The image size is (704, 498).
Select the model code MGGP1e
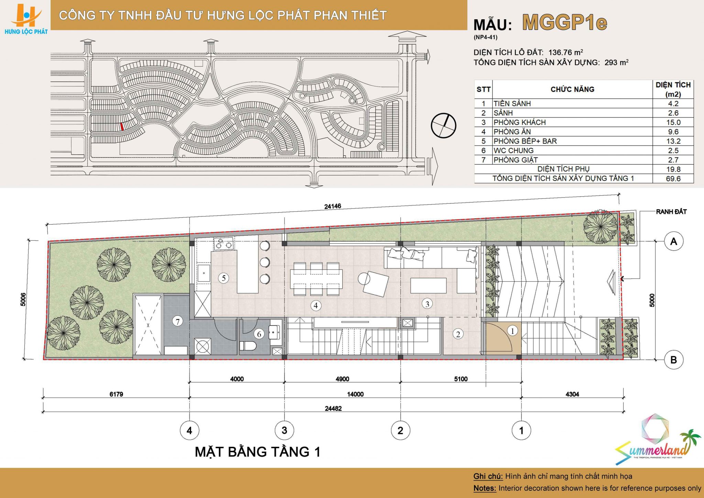(x=564, y=23)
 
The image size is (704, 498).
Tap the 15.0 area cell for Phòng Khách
(x=673, y=122)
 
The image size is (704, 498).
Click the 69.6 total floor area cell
(x=673, y=178)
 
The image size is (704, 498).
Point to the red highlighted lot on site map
(x=122, y=127)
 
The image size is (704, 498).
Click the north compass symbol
(x=443, y=125)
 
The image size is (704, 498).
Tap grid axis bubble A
(x=673, y=241)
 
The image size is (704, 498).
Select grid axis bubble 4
(x=189, y=430)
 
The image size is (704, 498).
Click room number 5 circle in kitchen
(x=224, y=278)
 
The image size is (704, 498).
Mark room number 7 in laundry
(x=178, y=322)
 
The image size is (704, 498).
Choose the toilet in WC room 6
(x=248, y=345)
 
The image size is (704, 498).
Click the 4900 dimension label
(x=342, y=379)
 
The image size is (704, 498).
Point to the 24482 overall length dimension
(x=333, y=409)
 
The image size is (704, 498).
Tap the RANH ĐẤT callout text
(x=671, y=212)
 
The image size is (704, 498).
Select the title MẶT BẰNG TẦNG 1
(x=257, y=452)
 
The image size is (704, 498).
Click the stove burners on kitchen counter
(x=223, y=243)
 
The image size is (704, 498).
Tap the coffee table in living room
(x=428, y=285)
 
